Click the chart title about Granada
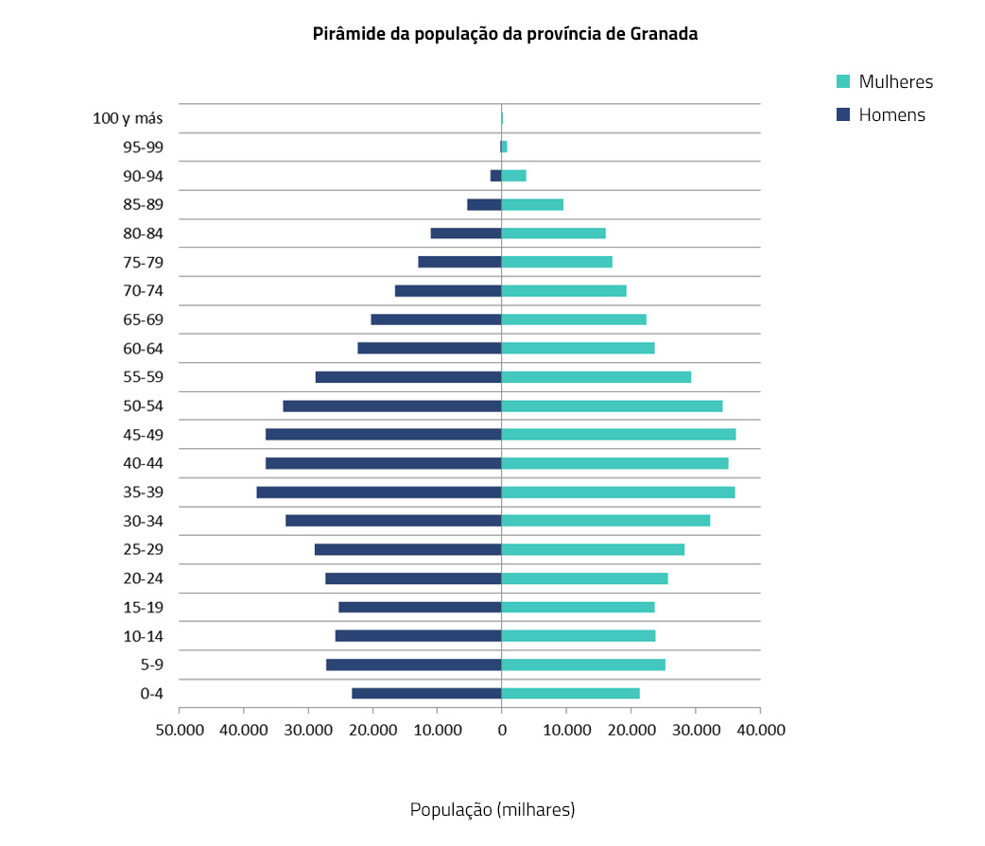(505, 35)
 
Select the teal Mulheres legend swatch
(844, 81)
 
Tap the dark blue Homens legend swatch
(844, 115)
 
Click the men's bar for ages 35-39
(378, 492)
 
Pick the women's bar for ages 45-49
(618, 434)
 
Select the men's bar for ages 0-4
(426, 693)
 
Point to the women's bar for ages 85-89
(532, 204)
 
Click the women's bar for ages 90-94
(514, 175)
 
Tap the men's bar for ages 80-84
(466, 233)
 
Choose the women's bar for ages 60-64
(578, 348)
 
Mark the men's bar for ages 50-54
(391, 406)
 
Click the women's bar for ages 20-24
(584, 578)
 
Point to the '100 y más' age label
(128, 118)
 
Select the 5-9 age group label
(150, 665)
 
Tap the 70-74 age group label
(143, 291)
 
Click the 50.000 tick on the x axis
(180, 730)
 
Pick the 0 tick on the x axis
(502, 730)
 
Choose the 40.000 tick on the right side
(760, 730)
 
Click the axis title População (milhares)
(492, 809)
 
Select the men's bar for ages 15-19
(420, 607)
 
